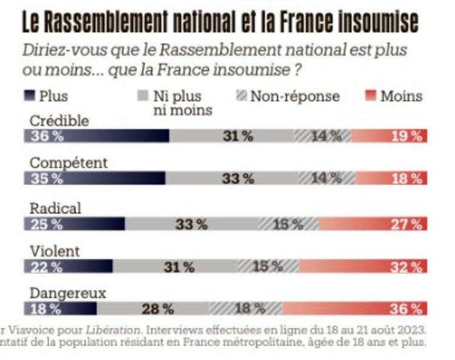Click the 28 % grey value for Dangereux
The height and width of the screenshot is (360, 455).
pos(158,309)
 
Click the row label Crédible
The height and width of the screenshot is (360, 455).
pos(59,121)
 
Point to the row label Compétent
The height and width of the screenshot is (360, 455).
pos(69,163)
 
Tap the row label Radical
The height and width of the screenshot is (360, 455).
pos(55,208)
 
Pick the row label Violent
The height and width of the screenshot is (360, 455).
pos(55,250)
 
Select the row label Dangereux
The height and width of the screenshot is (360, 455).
pos(68,293)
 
